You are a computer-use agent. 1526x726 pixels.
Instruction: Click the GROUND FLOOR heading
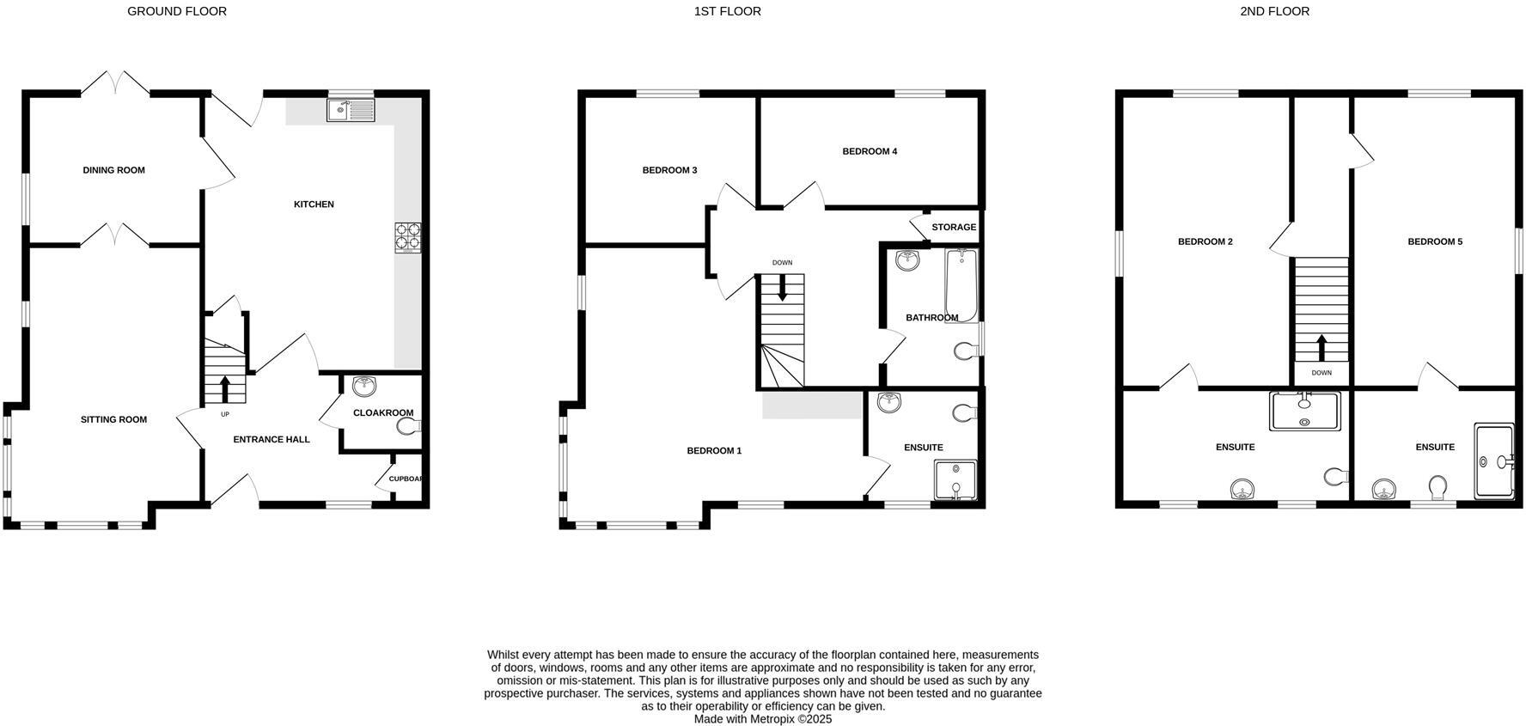(177, 11)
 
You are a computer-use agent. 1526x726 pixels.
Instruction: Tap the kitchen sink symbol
(351, 110)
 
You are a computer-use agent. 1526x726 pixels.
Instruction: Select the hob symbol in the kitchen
(408, 236)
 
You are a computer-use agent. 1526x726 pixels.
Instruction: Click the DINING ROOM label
(113, 170)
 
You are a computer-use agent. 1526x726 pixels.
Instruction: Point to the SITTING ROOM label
(113, 419)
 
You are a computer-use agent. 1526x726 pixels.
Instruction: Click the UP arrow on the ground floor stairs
(225, 387)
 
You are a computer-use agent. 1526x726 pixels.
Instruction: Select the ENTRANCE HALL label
(272, 439)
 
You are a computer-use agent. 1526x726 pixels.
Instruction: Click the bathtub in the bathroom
(961, 285)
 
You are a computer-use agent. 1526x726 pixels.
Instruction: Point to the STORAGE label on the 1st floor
(954, 227)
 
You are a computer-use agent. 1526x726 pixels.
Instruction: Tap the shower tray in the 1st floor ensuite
(955, 481)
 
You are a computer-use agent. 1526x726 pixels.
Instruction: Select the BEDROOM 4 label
(870, 151)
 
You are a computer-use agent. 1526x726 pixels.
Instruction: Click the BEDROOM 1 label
(714, 450)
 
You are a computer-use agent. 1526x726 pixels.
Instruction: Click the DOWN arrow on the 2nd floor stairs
(1322, 347)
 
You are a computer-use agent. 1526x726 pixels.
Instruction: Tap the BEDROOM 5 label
(1435, 241)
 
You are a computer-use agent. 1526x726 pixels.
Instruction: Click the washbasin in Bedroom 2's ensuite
(1242, 490)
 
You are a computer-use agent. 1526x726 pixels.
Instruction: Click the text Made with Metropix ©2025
(763, 719)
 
